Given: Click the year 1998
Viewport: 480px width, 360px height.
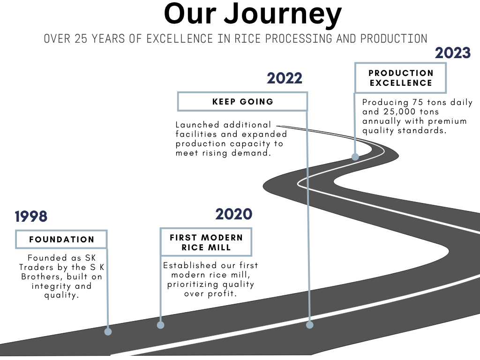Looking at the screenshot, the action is (31, 217).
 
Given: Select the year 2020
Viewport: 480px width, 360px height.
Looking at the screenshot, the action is (234, 214).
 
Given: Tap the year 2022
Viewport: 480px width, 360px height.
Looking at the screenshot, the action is (285, 78).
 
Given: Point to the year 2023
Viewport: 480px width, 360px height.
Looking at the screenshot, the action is (453, 53).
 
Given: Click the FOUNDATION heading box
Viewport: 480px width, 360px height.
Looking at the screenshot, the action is (61, 239).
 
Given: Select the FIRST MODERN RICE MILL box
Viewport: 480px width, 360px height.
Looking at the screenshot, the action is (206, 242).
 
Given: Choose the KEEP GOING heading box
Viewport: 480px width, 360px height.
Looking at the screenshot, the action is (242, 101).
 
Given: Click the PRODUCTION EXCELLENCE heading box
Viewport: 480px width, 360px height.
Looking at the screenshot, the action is (400, 78).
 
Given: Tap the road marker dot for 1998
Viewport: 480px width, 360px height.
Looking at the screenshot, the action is (108, 331).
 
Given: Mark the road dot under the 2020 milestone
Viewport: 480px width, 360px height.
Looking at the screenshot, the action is (160, 325).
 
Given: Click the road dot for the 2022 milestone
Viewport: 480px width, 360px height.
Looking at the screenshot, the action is (310, 325).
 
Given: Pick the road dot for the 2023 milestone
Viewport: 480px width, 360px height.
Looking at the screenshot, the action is (355, 157).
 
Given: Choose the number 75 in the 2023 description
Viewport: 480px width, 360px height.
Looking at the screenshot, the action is (418, 102).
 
